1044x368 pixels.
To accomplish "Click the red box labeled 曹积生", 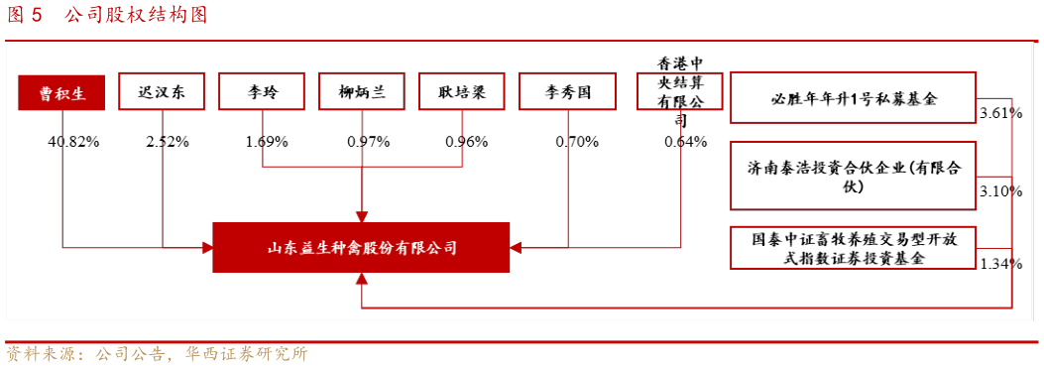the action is pyautogui.click(x=61, y=93).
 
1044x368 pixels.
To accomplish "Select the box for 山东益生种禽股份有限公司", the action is pyautogui.click(x=361, y=247).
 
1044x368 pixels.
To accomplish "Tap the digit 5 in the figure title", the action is pyautogui.click(x=37, y=15).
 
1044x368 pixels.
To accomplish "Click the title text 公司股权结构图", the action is pyautogui.click(x=137, y=15).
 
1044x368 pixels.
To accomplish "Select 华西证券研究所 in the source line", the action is pyautogui.click(x=247, y=354).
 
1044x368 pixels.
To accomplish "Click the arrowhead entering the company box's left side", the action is pyautogui.click(x=208, y=247).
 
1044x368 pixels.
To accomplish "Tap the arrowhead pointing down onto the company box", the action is pyautogui.click(x=362, y=217).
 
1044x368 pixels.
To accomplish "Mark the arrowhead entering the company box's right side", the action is pyautogui.click(x=516, y=247).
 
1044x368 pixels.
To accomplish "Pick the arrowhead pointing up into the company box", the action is pyautogui.click(x=362, y=279).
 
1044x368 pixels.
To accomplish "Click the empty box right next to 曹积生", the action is pyautogui.click(x=162, y=91).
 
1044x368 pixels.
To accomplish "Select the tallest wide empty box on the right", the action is pyautogui.click(x=853, y=176).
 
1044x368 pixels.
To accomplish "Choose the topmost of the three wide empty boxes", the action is pyautogui.click(x=853, y=97).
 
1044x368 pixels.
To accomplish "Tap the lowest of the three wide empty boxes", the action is pyautogui.click(x=853, y=248).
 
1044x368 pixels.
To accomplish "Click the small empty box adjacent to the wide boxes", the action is pyautogui.click(x=679, y=91).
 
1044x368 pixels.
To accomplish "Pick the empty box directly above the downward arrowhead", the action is pyautogui.click(x=361, y=91).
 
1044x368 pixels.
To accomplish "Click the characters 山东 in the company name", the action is pyautogui.click(x=285, y=248).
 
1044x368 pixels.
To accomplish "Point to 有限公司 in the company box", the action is pyautogui.click(x=427, y=248).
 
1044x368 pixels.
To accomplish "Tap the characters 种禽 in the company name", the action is pyautogui.click(x=342, y=248).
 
